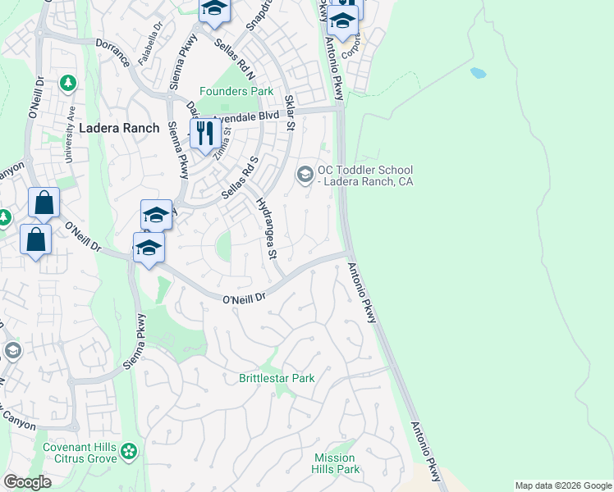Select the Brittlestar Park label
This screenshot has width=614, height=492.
[x=277, y=379]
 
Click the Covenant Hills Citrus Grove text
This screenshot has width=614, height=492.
[x=80, y=453]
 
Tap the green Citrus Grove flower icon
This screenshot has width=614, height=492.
[x=128, y=450]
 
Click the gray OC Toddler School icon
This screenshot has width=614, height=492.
[x=305, y=174]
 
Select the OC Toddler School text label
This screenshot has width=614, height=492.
[x=362, y=175]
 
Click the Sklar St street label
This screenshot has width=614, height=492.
[x=289, y=112]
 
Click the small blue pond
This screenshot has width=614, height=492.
[x=478, y=72]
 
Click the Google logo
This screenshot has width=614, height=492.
[x=27, y=482]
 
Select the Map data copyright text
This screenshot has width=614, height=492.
[x=563, y=485]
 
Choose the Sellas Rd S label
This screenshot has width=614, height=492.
[x=241, y=179]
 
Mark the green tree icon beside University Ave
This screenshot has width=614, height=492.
[x=67, y=83]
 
